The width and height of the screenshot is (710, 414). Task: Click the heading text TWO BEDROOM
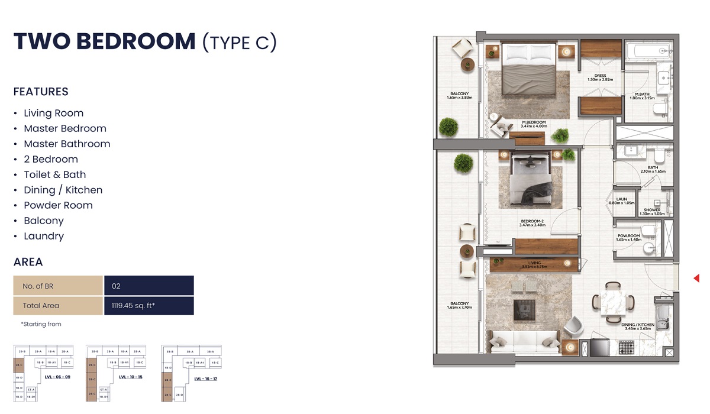coord(104,41)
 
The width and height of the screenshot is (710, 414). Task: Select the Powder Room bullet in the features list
coord(58,205)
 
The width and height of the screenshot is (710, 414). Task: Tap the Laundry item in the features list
coord(44,236)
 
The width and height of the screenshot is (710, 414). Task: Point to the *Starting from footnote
coord(41,324)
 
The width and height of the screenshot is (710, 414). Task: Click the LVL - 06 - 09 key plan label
coord(57,377)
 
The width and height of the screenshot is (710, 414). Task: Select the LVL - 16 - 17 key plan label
coord(205,379)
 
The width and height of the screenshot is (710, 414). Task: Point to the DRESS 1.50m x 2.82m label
coord(600,77)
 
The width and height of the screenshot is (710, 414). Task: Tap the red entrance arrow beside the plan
coord(696,278)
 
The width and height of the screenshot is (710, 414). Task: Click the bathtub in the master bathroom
coord(647,51)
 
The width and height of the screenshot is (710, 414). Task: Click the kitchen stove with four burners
coord(627,348)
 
